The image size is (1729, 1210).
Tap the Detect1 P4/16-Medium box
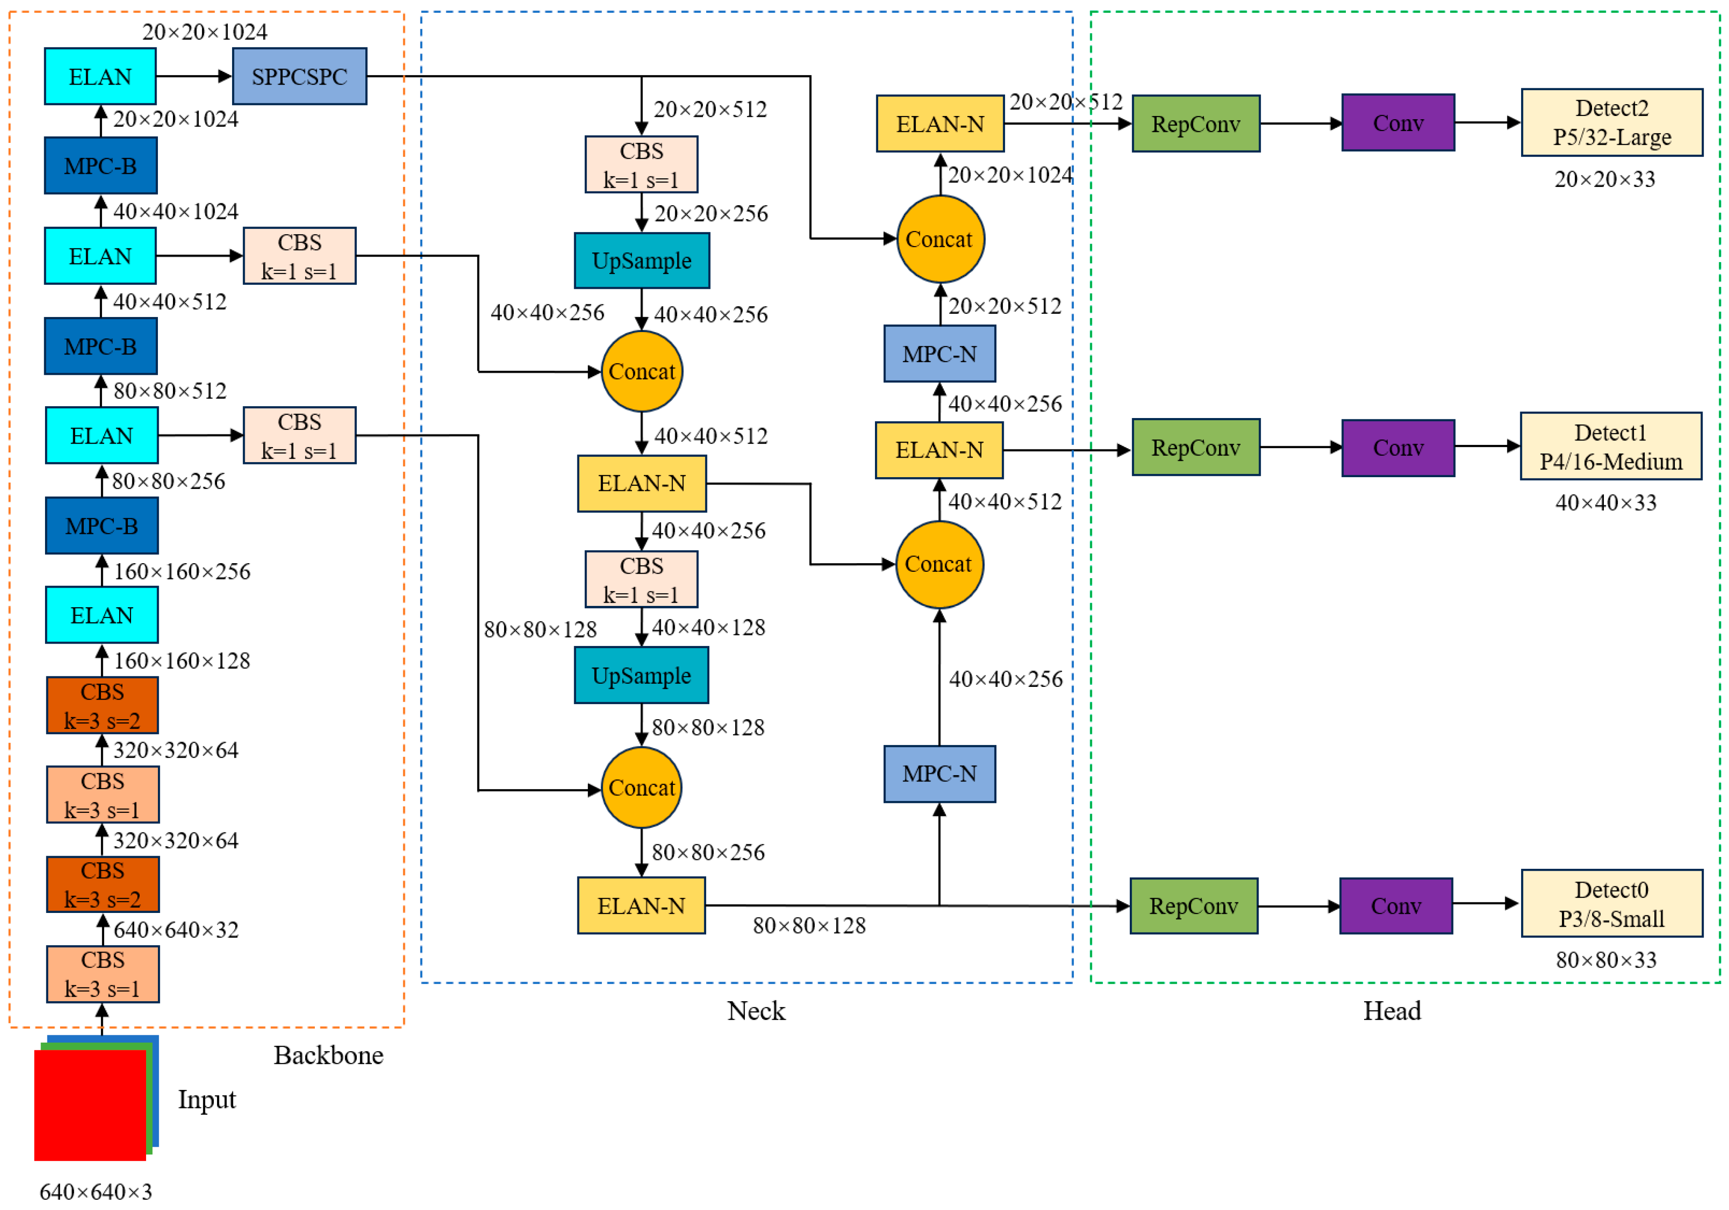pos(1611,447)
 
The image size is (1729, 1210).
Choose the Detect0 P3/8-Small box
pos(1612,903)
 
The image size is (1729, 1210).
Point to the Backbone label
pos(329,1055)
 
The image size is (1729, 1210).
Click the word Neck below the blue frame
pos(756,1010)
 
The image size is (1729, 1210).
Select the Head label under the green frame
pos(1392,1010)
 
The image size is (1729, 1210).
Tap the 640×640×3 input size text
pos(96,1192)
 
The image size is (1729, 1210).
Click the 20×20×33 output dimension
pos(1605,179)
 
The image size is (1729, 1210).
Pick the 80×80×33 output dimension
pos(1606,960)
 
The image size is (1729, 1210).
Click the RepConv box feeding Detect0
pos(1193,906)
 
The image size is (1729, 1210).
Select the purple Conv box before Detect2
pos(1398,123)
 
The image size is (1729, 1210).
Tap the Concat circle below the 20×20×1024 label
pos(940,239)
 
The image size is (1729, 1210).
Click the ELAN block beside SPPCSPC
pos(100,76)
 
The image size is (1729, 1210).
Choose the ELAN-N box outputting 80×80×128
pos(642,906)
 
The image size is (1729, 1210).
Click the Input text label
pos(206,1099)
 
